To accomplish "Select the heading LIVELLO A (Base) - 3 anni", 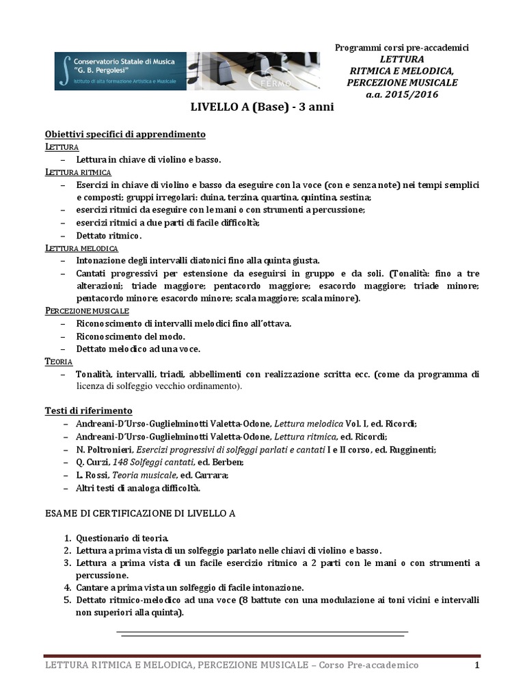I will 262,107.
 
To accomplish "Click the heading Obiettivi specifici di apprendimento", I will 125,134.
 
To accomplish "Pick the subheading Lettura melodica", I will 81,247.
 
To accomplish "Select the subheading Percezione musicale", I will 86,311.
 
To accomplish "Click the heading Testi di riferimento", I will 88,411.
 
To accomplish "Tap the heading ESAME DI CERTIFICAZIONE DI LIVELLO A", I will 140,513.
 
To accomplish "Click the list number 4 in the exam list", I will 68,587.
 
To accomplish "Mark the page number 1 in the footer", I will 478,665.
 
